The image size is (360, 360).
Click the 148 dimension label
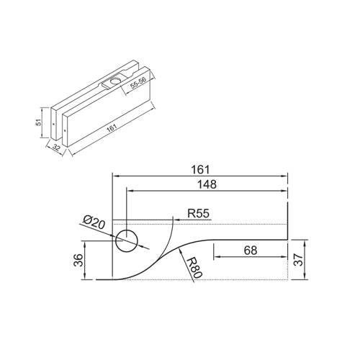pyautogui.click(x=207, y=184)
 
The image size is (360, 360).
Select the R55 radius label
pyautogui.click(x=198, y=213)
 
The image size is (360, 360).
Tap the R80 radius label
pyautogui.click(x=194, y=268)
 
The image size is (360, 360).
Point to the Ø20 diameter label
pyautogui.click(x=94, y=222)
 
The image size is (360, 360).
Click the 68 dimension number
pyautogui.click(x=251, y=251)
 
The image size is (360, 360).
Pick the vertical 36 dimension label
pyautogui.click(x=78, y=260)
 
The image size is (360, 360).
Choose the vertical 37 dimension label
pyautogui.click(x=299, y=260)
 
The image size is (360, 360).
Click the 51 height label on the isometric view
pyautogui.click(x=39, y=122)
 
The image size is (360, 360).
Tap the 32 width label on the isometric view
pyautogui.click(x=56, y=148)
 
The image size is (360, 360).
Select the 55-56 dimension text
pyautogui.click(x=138, y=84)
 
